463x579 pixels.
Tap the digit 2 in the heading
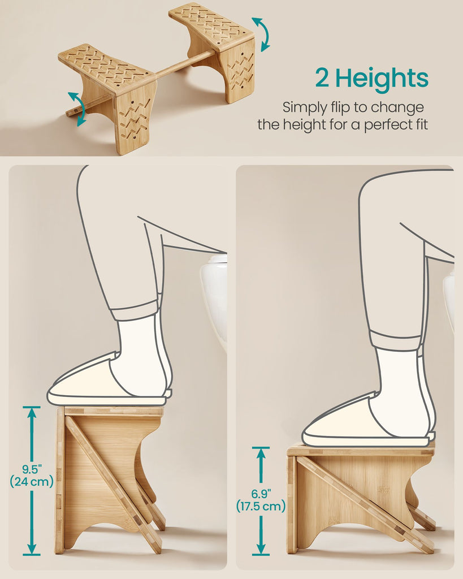322,78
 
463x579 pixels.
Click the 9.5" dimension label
32,469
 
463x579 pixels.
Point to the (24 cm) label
32,482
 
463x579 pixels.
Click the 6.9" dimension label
261,494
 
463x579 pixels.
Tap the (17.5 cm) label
261,505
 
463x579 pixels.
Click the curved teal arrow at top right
263,33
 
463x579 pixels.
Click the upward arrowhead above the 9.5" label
32,412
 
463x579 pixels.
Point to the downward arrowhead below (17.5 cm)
261,548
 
